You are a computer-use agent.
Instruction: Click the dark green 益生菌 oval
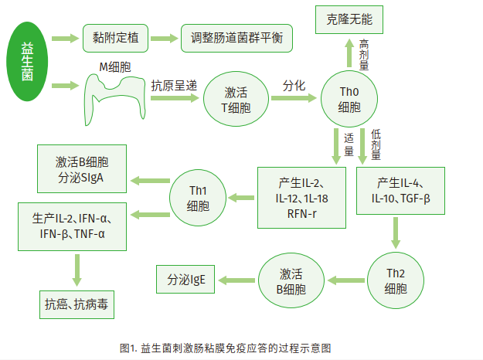point(27,61)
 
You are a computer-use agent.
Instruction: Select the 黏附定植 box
point(115,38)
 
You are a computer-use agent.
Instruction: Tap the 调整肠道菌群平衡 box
point(236,38)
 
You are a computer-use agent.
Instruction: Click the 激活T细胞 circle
point(236,99)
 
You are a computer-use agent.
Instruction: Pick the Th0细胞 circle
point(349,99)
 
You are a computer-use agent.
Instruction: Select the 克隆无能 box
point(349,19)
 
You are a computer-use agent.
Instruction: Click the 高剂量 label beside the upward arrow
point(364,55)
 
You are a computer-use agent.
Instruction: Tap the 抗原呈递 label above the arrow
point(174,86)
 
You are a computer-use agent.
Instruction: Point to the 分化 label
point(294,86)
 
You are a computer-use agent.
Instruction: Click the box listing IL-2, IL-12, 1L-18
point(302,198)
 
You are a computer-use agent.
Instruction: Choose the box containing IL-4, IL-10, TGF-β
point(400,191)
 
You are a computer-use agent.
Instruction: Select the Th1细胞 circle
point(198,198)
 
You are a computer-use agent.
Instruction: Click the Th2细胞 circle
point(396,280)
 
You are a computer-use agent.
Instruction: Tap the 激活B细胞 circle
point(291,280)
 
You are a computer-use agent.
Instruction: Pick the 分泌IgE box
point(185,280)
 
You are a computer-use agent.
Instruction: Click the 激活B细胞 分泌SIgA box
point(82,168)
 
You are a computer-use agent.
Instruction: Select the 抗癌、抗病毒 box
point(77,304)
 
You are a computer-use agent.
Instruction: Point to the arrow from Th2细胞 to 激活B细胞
point(346,280)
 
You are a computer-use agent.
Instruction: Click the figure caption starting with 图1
point(226,348)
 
